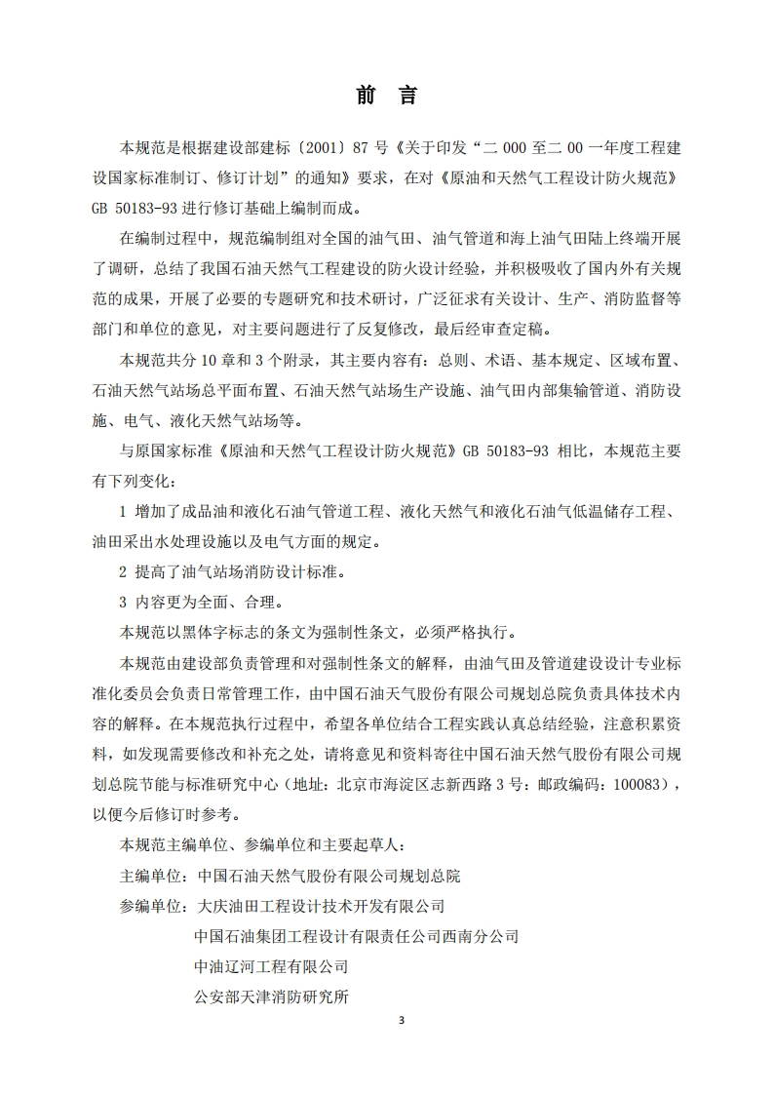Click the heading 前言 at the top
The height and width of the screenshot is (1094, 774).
tap(386, 96)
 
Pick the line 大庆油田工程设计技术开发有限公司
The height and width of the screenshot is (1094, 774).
tap(320, 906)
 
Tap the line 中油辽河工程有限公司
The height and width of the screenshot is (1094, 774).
tap(271, 967)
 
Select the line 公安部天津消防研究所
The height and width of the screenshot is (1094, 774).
tap(271, 997)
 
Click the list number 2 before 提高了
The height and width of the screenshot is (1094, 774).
tap(123, 571)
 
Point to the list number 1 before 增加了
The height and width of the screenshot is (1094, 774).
tap(123, 511)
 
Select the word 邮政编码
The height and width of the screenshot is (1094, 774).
tap(563, 783)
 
